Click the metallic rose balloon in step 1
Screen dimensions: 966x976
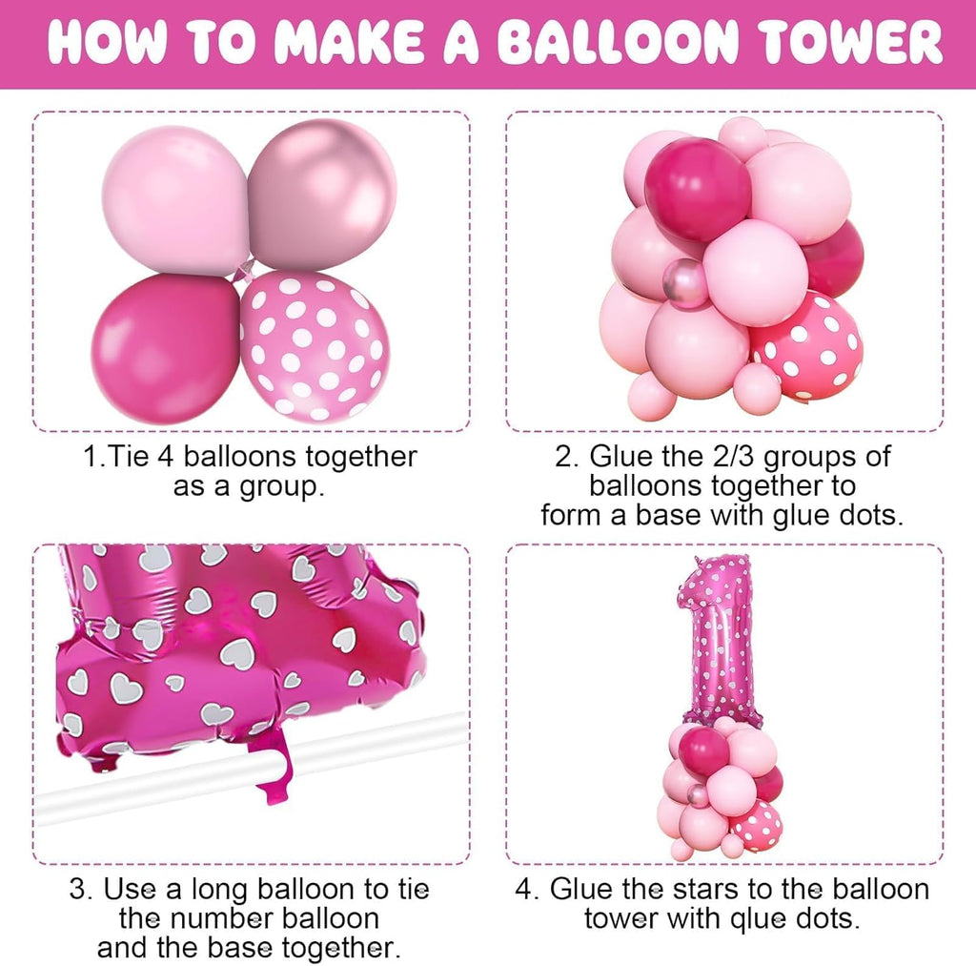click(321, 195)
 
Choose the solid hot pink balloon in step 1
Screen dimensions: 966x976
click(166, 348)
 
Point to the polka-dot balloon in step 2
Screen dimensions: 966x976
click(807, 345)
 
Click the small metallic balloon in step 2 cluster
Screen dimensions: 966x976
click(685, 283)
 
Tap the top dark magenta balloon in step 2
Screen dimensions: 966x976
click(697, 188)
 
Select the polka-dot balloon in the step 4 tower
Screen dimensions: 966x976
click(760, 825)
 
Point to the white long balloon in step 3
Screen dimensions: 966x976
click(238, 769)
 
